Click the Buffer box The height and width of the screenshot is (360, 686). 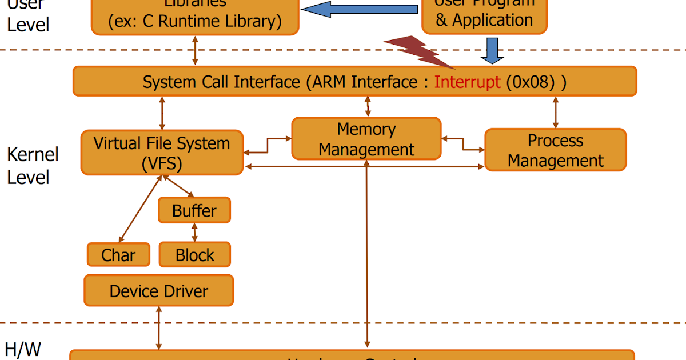click(x=194, y=210)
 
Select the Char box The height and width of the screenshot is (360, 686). click(x=118, y=255)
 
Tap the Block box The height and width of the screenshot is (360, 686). click(x=194, y=255)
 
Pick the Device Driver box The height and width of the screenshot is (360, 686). click(x=158, y=290)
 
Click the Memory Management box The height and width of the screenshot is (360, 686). click(x=366, y=139)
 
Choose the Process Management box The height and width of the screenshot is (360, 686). click(x=555, y=150)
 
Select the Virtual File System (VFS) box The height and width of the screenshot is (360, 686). click(x=162, y=153)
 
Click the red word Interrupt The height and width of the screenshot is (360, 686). click(x=467, y=82)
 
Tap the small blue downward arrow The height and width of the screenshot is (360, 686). click(x=492, y=50)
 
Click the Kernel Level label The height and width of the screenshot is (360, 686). click(x=32, y=166)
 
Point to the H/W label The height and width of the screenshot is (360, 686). click(x=23, y=349)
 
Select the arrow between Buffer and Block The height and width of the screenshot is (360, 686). click(x=194, y=233)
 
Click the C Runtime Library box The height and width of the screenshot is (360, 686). click(x=195, y=16)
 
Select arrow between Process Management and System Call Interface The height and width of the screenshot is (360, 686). click(x=555, y=112)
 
